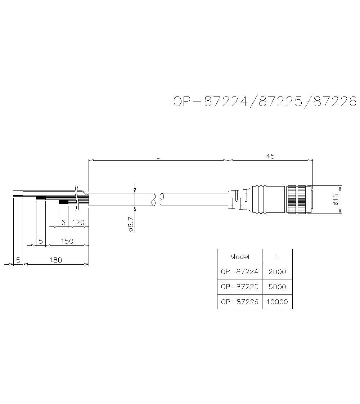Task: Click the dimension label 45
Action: coord(270,156)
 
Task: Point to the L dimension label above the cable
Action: coord(158,156)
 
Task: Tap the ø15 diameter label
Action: coord(335,199)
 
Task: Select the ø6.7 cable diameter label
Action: coord(131,224)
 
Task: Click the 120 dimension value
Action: coord(78,222)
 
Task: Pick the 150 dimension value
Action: coord(67,241)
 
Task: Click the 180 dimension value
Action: coord(55,260)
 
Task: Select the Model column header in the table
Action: coord(240,257)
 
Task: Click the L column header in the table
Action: coord(277,257)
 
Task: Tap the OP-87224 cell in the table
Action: coord(240,271)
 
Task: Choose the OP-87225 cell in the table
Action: coord(240,287)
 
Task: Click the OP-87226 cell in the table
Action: coord(240,302)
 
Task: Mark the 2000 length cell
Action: coord(277,271)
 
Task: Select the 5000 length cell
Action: coord(277,287)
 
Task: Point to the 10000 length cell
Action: coord(277,302)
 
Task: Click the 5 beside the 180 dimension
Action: coord(18,260)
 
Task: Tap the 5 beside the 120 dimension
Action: coord(63,222)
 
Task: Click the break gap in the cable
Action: coord(158,199)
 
